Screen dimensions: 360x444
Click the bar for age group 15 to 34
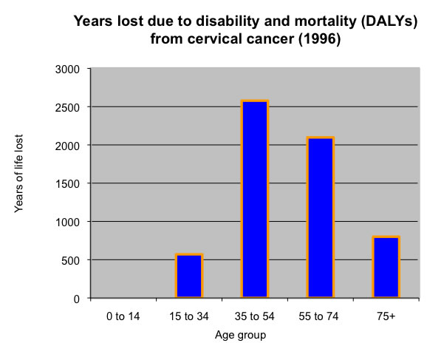(x=188, y=276)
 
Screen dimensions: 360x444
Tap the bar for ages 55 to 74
(x=321, y=217)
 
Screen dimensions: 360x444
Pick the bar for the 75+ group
(x=386, y=267)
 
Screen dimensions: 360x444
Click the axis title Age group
(x=241, y=335)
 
